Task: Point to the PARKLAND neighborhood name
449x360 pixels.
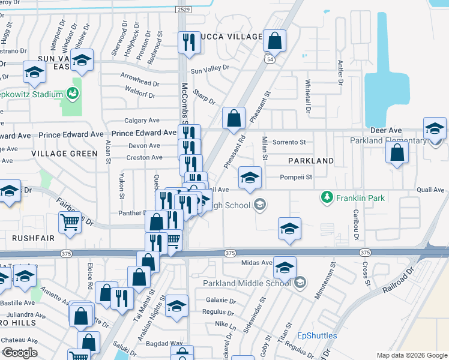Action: pyautogui.click(x=310, y=161)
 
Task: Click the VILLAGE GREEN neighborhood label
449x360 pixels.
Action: pyautogui.click(x=64, y=154)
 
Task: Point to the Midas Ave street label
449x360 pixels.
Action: pyautogui.click(x=257, y=262)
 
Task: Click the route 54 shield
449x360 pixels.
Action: pyautogui.click(x=271, y=60)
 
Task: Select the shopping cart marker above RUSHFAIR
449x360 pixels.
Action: pyautogui.click(x=70, y=222)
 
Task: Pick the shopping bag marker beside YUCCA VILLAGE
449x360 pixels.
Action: pyautogui.click(x=274, y=41)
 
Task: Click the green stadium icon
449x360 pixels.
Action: pyautogui.click(x=73, y=93)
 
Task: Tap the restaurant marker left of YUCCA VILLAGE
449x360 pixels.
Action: pyautogui.click(x=189, y=42)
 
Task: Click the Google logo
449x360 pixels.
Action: pyautogui.click(x=20, y=353)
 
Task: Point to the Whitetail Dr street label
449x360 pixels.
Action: pyautogui.click(x=308, y=97)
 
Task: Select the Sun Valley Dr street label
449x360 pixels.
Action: pyautogui.click(x=210, y=70)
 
